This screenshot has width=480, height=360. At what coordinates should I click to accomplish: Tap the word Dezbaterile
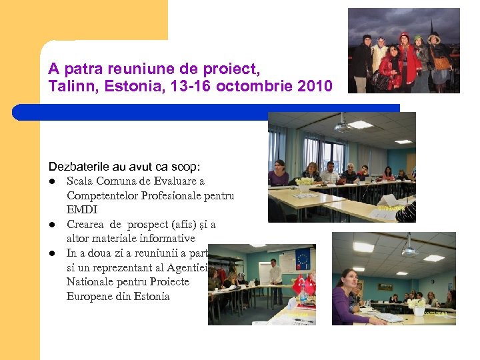(x=77, y=166)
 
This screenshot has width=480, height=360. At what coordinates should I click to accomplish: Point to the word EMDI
(x=81, y=209)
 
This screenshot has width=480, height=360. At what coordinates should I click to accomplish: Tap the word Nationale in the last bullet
(x=89, y=282)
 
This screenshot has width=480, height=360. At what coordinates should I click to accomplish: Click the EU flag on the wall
(x=302, y=258)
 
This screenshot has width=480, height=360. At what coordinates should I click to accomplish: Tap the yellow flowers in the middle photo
(x=305, y=181)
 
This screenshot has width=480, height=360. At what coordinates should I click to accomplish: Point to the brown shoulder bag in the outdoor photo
(x=441, y=63)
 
